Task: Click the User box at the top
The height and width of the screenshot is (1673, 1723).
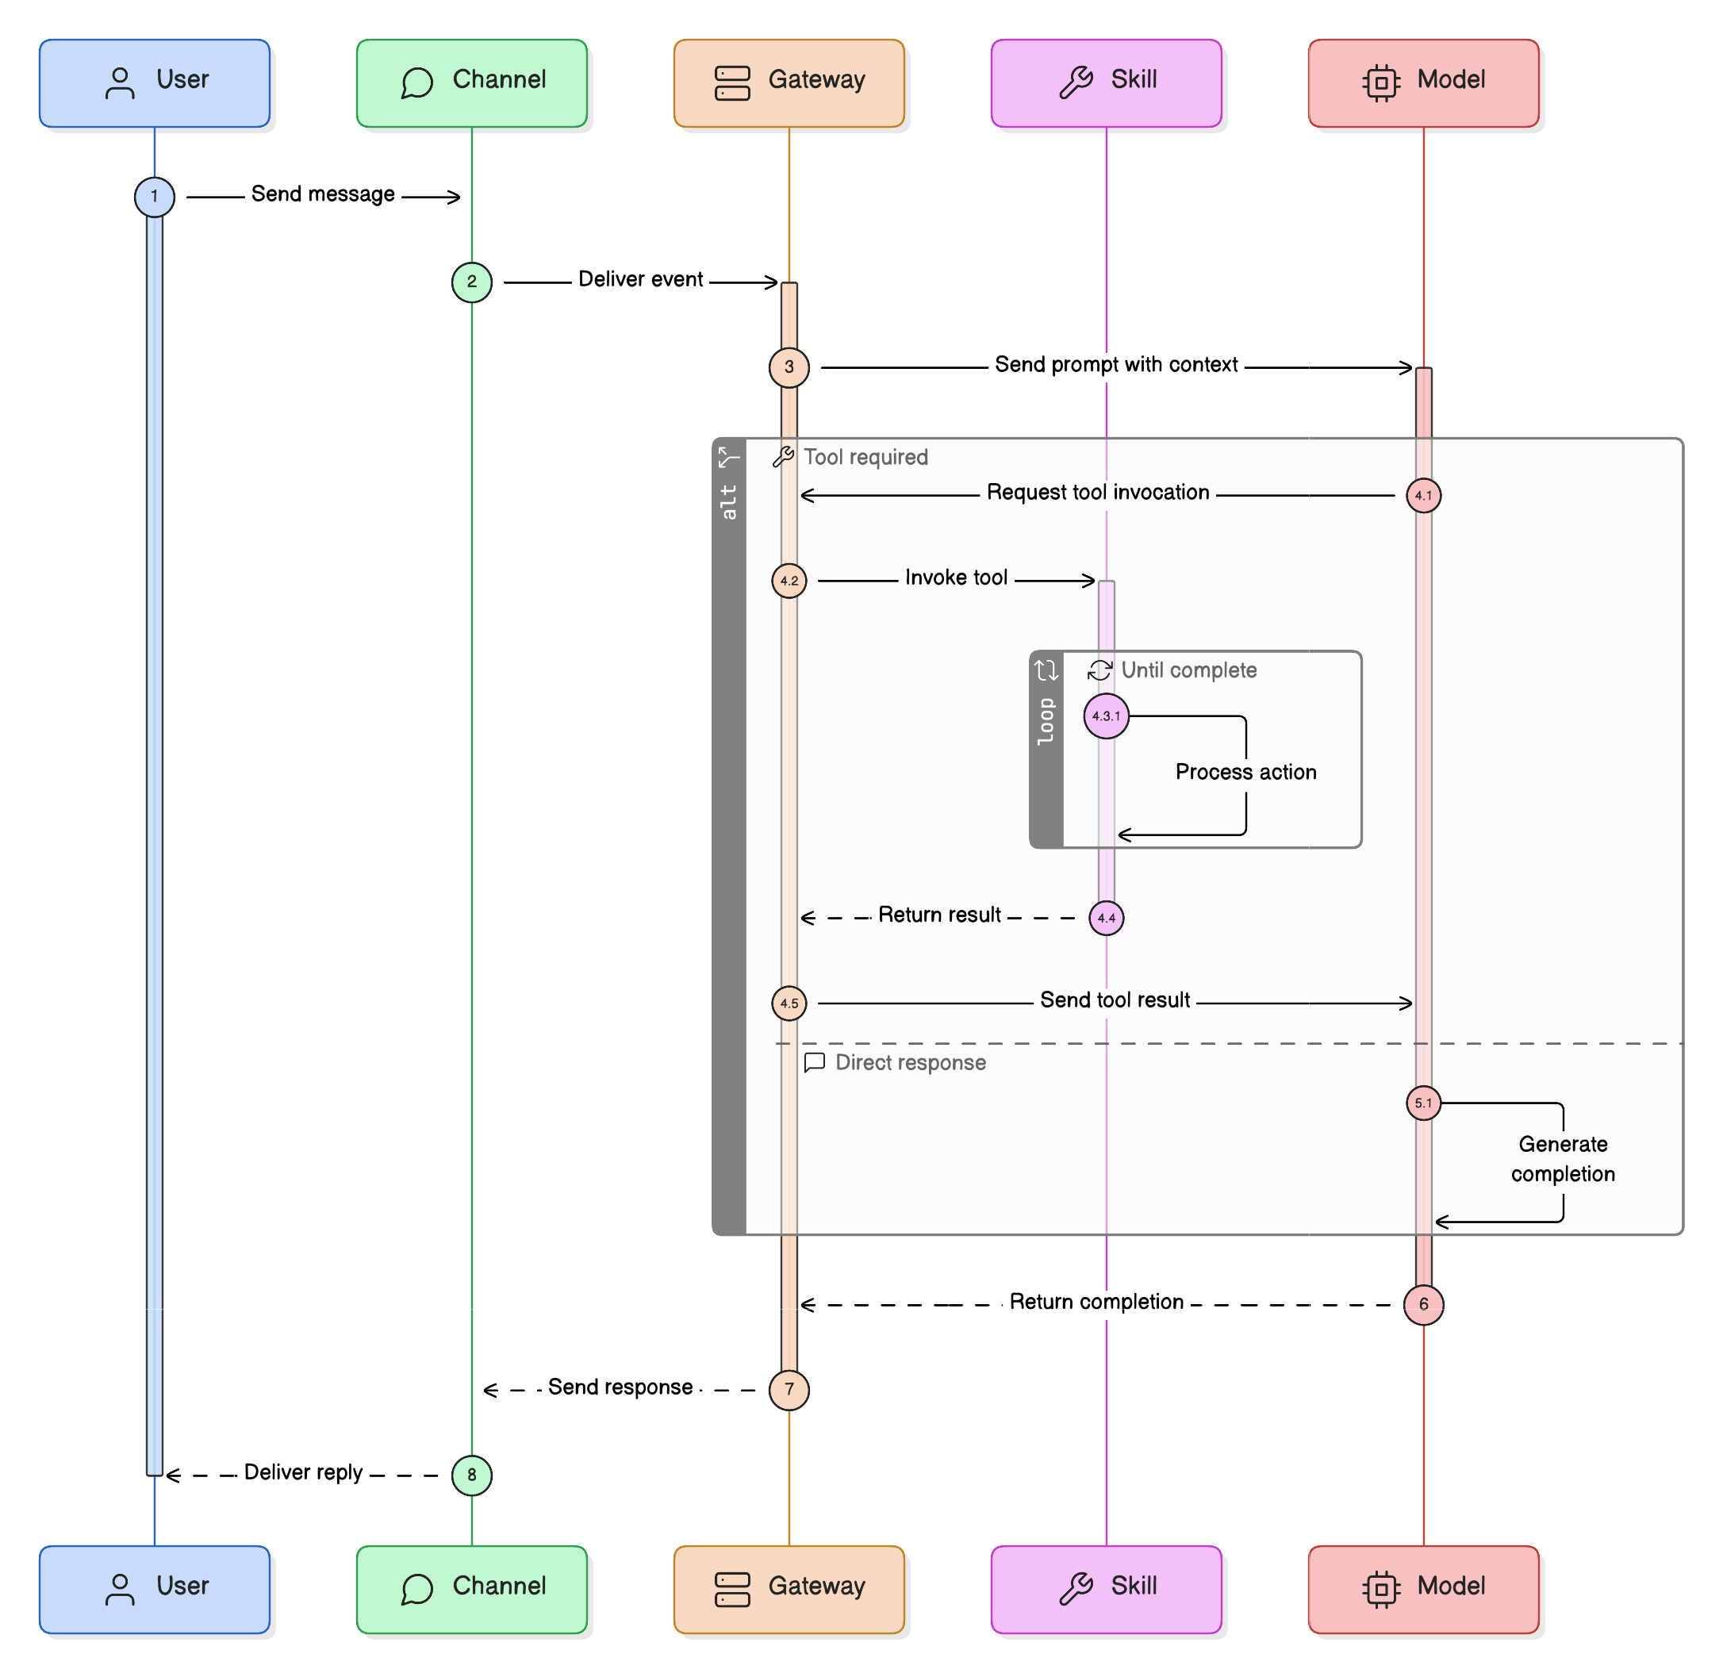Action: [155, 82]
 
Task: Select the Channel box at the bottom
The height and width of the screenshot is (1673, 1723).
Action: [471, 1589]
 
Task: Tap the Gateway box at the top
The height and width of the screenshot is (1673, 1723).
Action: [789, 82]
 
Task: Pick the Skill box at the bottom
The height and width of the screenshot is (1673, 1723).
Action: [1106, 1589]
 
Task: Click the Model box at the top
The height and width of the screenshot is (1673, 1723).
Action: [1423, 82]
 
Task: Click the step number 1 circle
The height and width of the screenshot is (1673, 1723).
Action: [155, 196]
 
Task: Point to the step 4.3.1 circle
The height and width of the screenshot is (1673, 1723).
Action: [1106, 716]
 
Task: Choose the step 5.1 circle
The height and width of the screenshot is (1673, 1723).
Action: [1423, 1103]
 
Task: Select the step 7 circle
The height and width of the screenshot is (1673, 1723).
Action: [789, 1389]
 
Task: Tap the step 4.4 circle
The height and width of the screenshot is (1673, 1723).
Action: [1106, 918]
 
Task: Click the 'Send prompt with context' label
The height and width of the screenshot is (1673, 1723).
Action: [1115, 365]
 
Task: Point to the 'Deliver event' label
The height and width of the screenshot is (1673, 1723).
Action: [640, 279]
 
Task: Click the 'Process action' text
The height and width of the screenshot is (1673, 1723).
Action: [1245, 772]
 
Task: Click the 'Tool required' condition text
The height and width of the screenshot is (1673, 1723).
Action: [866, 457]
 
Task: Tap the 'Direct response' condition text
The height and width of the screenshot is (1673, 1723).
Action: [910, 1063]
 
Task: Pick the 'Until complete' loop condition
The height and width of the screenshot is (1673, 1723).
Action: [1188, 670]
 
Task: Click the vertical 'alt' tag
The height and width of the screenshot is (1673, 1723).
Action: [729, 502]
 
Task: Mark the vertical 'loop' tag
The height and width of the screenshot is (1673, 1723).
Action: [1046, 721]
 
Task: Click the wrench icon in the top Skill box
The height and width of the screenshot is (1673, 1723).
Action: [1076, 82]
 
